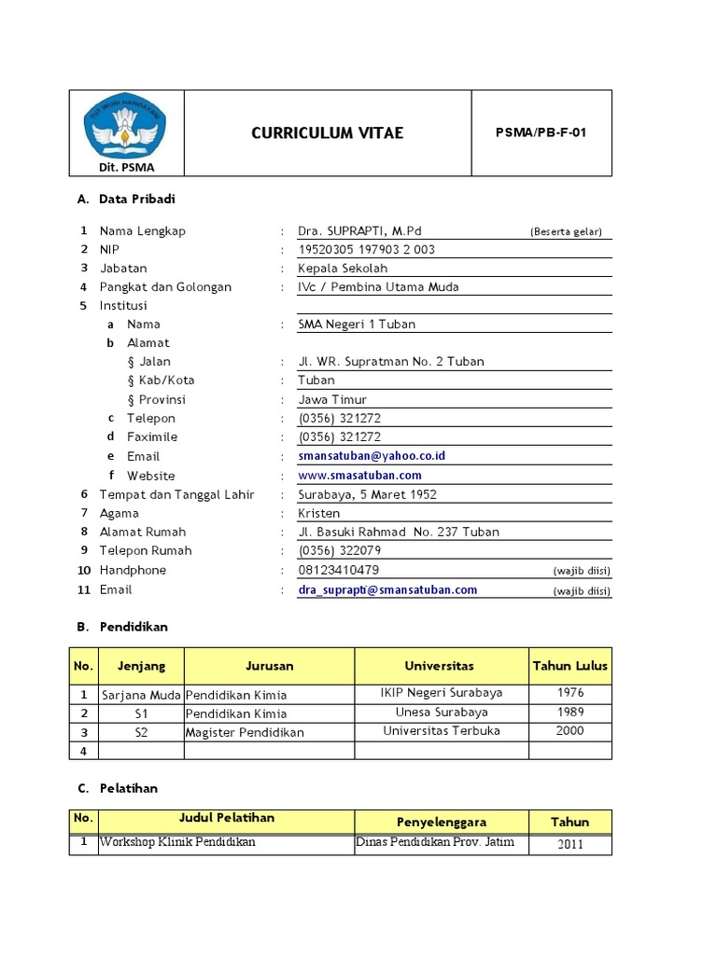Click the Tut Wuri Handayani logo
tap(126, 127)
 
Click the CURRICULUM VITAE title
tap(327, 132)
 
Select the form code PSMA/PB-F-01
tap(541, 132)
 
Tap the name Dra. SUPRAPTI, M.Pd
tap(353, 230)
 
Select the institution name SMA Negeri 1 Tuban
tap(357, 324)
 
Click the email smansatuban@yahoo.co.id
tap(372, 456)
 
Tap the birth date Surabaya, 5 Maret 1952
tap(367, 494)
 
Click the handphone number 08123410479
tap(338, 570)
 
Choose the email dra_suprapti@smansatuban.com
tap(387, 589)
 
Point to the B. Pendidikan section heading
tap(122, 627)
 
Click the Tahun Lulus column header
tap(569, 666)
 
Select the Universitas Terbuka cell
tap(442, 731)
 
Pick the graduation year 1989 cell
tap(569, 712)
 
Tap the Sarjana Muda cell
tap(141, 694)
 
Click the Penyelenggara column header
tap(442, 822)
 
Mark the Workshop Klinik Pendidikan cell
tap(177, 842)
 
